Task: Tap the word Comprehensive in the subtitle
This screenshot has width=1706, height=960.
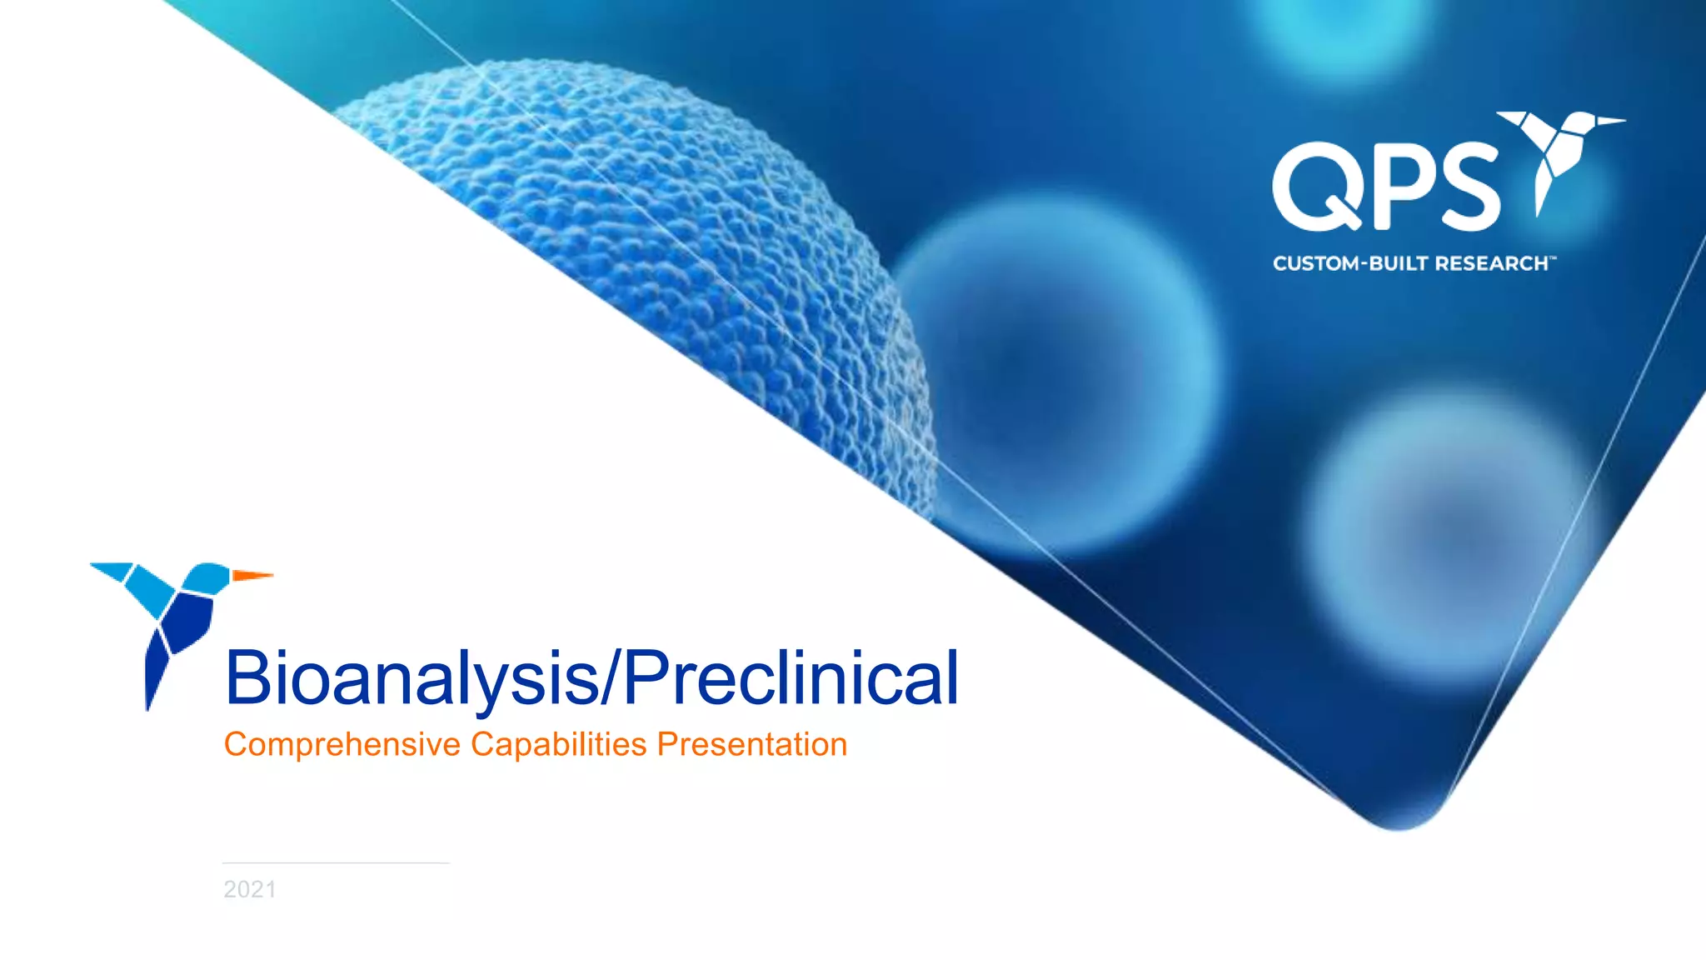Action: [x=342, y=744]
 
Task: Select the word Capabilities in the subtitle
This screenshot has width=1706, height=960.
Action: [x=558, y=744]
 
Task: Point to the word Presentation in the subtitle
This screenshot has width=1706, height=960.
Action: [x=751, y=744]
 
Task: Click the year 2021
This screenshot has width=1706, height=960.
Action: [x=250, y=889]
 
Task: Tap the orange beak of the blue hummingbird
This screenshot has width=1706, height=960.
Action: [x=252, y=575]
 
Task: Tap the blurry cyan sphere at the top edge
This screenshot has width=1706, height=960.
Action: [x=1341, y=33]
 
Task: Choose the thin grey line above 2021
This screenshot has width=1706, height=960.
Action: [x=336, y=863]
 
